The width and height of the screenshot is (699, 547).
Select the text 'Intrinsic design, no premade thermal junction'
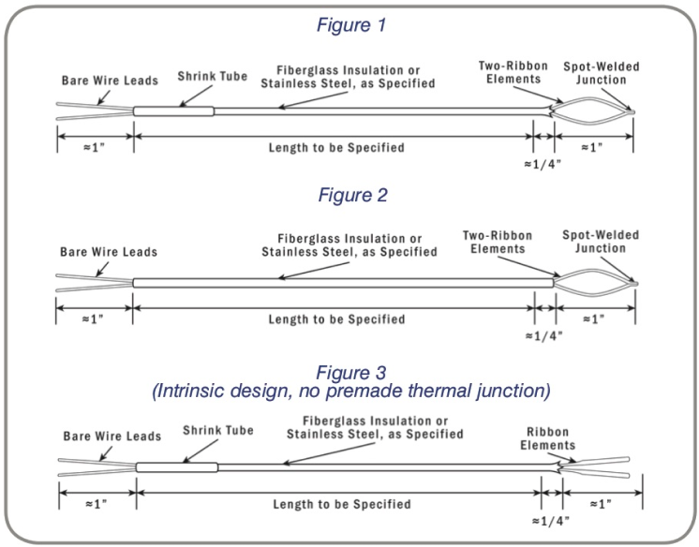point(349,387)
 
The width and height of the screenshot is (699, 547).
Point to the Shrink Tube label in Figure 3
point(213,432)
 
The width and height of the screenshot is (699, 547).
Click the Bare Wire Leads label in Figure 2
point(109,251)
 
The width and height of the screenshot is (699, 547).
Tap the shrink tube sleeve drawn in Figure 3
point(177,466)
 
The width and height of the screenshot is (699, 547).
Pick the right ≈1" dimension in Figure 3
point(601,504)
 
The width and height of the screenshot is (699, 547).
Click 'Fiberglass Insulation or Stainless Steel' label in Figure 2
point(349,245)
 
